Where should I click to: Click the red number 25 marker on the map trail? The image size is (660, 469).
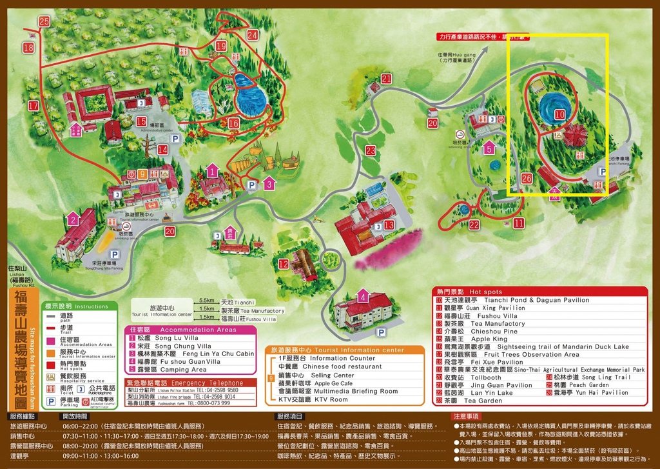pos(44,21)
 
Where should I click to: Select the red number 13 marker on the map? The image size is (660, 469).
pos(389,225)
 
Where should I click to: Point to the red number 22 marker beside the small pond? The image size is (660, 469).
pos(474,225)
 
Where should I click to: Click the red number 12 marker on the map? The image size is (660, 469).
pos(284,263)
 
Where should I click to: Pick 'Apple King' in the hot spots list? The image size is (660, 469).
pos(489,339)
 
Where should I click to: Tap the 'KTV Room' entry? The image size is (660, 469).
pos(332,399)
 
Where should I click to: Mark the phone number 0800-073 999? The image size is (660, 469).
pos(211,403)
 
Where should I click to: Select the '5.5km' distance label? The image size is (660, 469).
pos(207,301)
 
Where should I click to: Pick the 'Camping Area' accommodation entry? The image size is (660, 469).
pos(183,370)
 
